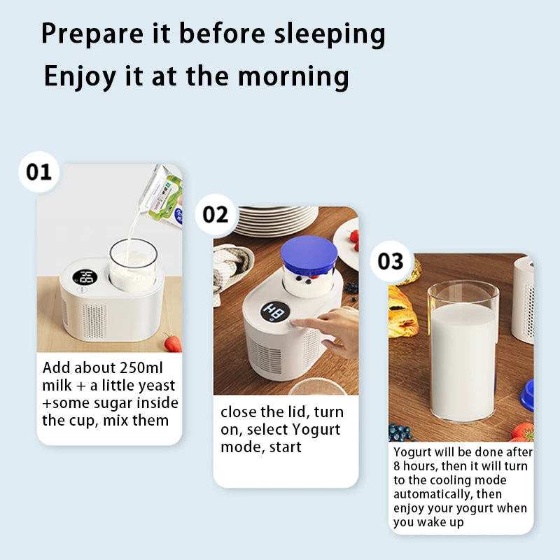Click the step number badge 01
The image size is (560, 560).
39,171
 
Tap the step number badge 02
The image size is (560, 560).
216,214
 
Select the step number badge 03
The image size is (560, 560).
391,261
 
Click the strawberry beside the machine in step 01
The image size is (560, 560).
173,343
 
